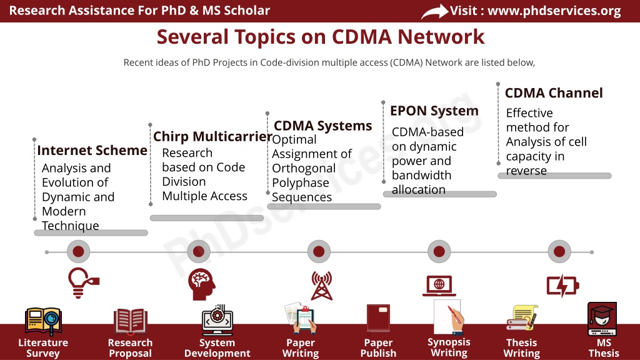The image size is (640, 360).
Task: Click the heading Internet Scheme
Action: click(92, 151)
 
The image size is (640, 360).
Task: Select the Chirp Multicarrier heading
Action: click(212, 136)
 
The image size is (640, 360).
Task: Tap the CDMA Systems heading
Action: click(323, 126)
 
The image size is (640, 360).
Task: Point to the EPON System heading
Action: click(434, 111)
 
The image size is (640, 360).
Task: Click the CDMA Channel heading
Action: click(554, 93)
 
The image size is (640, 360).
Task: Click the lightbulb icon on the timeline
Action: click(83, 283)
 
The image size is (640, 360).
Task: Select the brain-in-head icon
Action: click(202, 284)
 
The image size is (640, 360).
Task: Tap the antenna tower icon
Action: click(322, 286)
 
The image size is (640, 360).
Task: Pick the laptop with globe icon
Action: click(439, 286)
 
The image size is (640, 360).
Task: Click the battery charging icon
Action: click(563, 285)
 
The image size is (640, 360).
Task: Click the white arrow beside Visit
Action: click(435, 12)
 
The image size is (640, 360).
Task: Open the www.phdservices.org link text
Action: click(554, 11)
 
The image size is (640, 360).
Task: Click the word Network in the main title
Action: click(441, 37)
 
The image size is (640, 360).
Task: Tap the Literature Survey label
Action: click(43, 347)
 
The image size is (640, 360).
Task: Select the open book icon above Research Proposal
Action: click(131, 321)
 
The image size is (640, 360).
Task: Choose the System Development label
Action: click(217, 347)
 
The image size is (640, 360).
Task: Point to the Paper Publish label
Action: click(378, 347)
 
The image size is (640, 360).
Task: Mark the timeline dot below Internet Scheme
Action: click(78, 251)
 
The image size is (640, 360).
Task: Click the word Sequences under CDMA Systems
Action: click(302, 197)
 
